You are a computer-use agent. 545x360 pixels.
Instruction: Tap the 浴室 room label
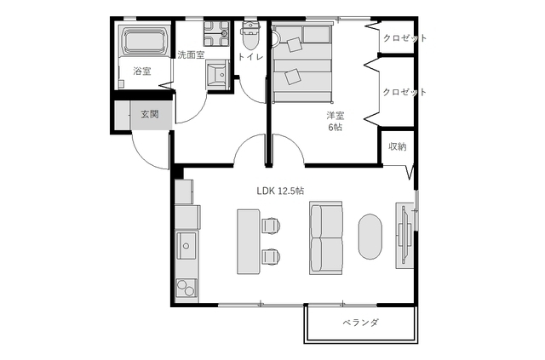click(x=141, y=71)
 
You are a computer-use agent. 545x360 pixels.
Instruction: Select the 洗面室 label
click(x=191, y=54)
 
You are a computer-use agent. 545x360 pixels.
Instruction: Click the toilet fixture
click(x=250, y=37)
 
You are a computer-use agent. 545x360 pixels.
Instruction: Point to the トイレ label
click(x=250, y=57)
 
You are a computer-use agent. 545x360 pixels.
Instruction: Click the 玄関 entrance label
click(x=149, y=115)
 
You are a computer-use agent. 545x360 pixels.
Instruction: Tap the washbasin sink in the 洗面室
click(x=217, y=75)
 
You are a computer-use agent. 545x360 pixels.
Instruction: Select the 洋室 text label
click(x=335, y=116)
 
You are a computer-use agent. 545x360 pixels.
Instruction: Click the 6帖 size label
click(x=335, y=128)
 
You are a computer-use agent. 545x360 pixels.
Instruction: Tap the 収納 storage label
click(x=397, y=146)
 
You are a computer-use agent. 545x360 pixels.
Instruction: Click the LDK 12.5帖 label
click(x=280, y=191)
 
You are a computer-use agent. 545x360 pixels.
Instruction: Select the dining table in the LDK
click(x=247, y=240)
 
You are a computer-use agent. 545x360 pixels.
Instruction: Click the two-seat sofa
click(x=326, y=237)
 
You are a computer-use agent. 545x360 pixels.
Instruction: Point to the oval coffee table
click(x=370, y=236)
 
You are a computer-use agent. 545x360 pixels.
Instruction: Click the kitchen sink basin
click(x=186, y=249)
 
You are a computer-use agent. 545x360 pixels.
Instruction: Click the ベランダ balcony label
click(x=361, y=323)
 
